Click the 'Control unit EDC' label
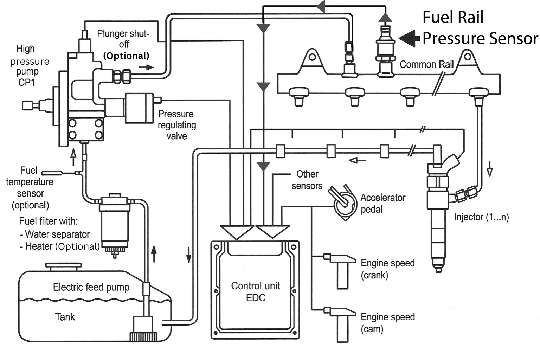(256, 291)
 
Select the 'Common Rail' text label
(426, 64)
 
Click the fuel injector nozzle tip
(438, 269)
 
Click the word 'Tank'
(65, 317)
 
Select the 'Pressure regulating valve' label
(176, 125)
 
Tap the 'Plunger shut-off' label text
(123, 39)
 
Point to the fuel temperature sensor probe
(53, 173)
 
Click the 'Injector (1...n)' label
(481, 217)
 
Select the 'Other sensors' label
(307, 180)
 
